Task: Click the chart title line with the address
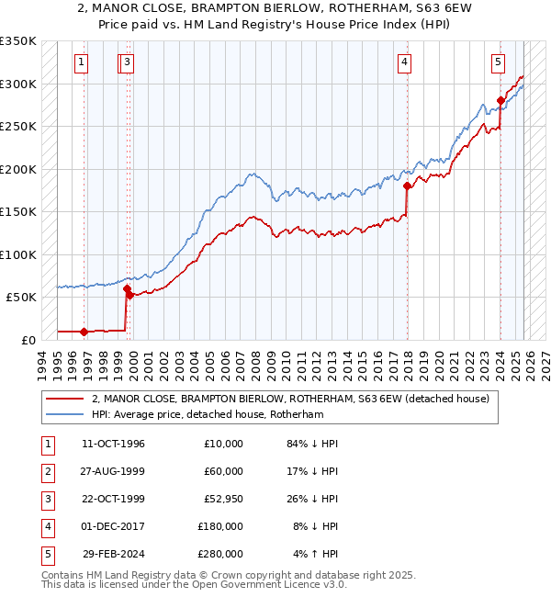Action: [275, 9]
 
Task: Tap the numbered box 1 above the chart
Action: [82, 62]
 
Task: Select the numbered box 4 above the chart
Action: [404, 62]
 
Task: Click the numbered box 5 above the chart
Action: [497, 62]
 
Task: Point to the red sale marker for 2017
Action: [406, 186]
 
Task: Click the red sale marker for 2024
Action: [500, 100]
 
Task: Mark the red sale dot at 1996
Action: [84, 332]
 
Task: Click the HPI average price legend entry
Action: [208, 414]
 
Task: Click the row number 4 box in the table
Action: [45, 526]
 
